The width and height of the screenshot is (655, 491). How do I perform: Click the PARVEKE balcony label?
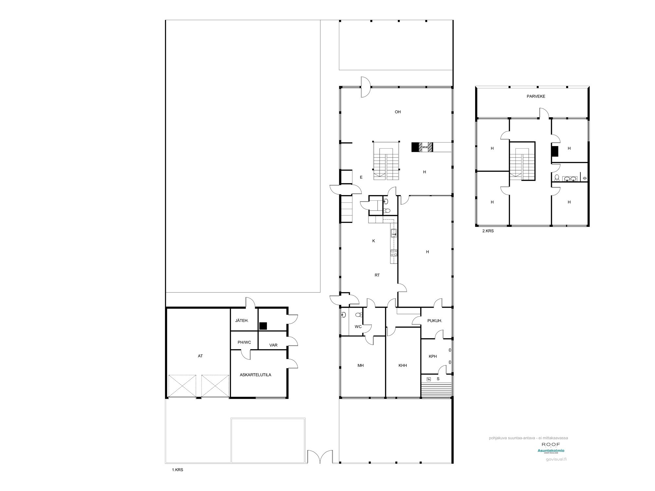tap(536, 97)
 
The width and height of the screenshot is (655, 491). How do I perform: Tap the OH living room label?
tap(398, 112)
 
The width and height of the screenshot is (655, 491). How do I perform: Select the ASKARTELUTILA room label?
tap(255, 375)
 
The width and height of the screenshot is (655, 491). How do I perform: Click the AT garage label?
tap(200, 356)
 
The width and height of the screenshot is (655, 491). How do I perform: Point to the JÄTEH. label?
tap(242, 321)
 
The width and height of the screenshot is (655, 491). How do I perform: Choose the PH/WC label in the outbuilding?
tap(244, 342)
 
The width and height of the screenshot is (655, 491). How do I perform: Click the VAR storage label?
tap(273, 345)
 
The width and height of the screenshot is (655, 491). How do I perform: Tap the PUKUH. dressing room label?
tap(435, 321)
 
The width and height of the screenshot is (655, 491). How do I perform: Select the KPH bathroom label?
tap(433, 356)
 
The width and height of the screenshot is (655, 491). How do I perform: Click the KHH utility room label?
tap(402, 366)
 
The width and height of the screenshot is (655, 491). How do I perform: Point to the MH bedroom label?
tap(361, 366)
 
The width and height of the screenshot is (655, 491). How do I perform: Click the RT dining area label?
tap(377, 275)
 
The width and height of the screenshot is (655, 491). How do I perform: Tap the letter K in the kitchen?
tap(374, 241)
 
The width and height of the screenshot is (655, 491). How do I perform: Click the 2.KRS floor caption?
tap(488, 231)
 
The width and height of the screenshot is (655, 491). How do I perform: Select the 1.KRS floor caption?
tap(177, 470)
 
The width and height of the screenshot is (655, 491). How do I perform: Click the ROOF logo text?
tap(551, 445)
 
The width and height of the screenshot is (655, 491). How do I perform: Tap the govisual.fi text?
tap(556, 459)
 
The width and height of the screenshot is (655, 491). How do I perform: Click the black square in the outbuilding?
tap(263, 326)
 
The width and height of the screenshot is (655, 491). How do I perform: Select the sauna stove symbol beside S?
tap(429, 379)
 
